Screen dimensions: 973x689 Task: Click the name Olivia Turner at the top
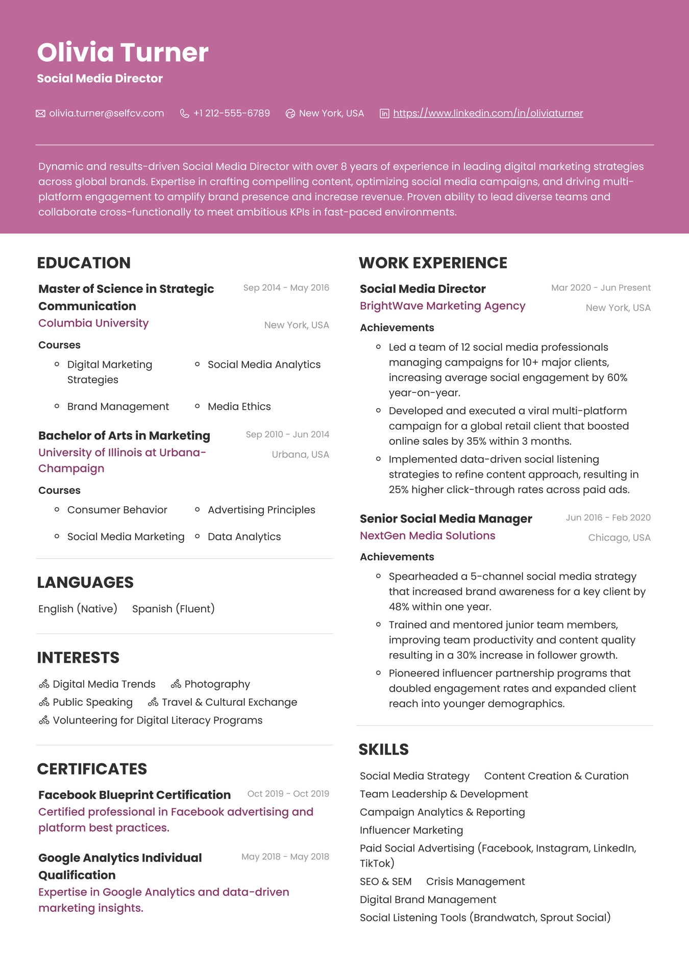pyautogui.click(x=122, y=53)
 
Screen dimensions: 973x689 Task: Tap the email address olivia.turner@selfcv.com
pyautogui.click(x=107, y=113)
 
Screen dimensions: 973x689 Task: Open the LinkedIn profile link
pyautogui.click(x=488, y=113)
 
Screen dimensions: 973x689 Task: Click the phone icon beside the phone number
pyautogui.click(x=185, y=113)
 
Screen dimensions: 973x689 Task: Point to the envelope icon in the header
pyautogui.click(x=41, y=113)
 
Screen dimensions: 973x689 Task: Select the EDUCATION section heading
pyautogui.click(x=84, y=263)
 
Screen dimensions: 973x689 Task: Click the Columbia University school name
pyautogui.click(x=93, y=323)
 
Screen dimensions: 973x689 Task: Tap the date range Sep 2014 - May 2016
pyautogui.click(x=286, y=288)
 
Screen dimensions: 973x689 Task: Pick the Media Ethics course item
pyautogui.click(x=239, y=407)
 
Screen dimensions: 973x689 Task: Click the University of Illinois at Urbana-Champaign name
pyautogui.click(x=122, y=460)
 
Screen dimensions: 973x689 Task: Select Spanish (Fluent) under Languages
pyautogui.click(x=173, y=609)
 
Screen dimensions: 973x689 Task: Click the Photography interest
pyautogui.click(x=217, y=684)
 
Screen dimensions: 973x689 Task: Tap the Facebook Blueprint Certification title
pyautogui.click(x=134, y=795)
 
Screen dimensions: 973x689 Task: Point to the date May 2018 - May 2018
pyautogui.click(x=285, y=857)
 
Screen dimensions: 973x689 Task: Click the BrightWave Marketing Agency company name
pyautogui.click(x=442, y=306)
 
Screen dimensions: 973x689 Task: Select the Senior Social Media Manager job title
pyautogui.click(x=446, y=519)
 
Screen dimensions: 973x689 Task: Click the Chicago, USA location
pyautogui.click(x=619, y=538)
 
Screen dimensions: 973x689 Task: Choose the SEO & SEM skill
pyautogui.click(x=385, y=882)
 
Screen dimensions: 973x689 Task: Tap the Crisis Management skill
pyautogui.click(x=475, y=882)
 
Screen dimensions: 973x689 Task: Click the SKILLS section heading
pyautogui.click(x=383, y=750)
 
